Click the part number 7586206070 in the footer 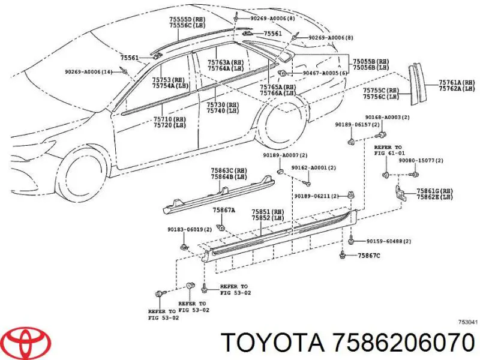(404, 342)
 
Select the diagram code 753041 (467, 322)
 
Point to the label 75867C (369, 256)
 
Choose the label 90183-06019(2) (189, 229)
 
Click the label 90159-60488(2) (389, 242)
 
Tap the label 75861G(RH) (434, 191)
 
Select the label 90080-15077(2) (421, 160)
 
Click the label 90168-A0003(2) (387, 117)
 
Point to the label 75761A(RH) (457, 82)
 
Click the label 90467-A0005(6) (325, 73)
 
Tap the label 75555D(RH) (187, 19)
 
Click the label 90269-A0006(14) (88, 72)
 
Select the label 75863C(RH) (229, 170)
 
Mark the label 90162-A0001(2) (313, 168)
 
